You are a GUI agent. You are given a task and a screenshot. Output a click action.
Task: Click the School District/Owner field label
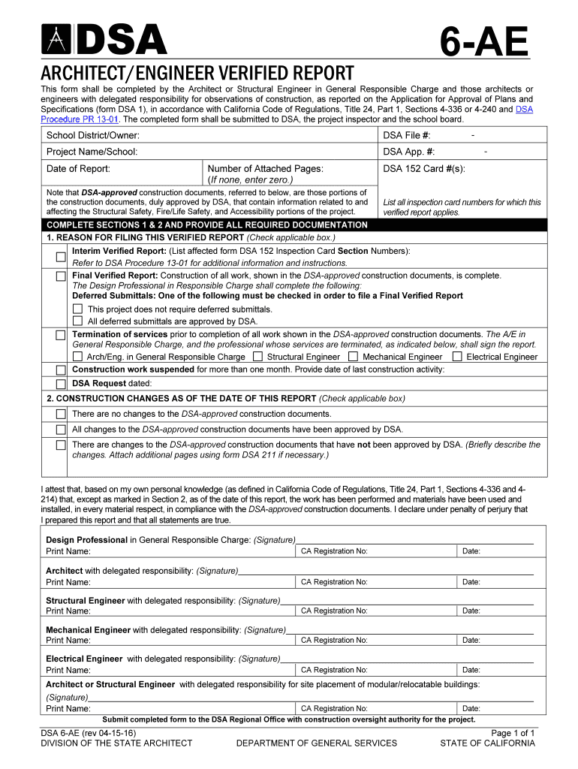(93, 135)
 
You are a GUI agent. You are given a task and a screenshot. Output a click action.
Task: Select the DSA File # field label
(407, 135)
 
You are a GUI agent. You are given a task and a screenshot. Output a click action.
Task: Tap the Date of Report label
(78, 168)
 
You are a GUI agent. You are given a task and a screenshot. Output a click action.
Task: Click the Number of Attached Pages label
(265, 169)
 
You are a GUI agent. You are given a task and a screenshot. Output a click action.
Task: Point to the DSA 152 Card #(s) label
(424, 168)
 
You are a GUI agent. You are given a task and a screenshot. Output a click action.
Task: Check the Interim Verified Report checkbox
(60, 257)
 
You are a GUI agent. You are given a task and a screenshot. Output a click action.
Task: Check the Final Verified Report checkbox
(60, 276)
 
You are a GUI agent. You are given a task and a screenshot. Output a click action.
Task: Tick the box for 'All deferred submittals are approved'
(77, 321)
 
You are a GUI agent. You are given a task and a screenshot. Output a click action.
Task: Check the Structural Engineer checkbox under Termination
(257, 357)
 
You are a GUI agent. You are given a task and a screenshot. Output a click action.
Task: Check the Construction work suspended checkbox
(60, 369)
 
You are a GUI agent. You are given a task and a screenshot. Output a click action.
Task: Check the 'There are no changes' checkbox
(60, 414)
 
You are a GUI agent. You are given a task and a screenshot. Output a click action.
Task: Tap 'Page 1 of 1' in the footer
(513, 732)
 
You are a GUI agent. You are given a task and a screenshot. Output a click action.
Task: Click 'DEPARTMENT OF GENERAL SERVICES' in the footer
(316, 743)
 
